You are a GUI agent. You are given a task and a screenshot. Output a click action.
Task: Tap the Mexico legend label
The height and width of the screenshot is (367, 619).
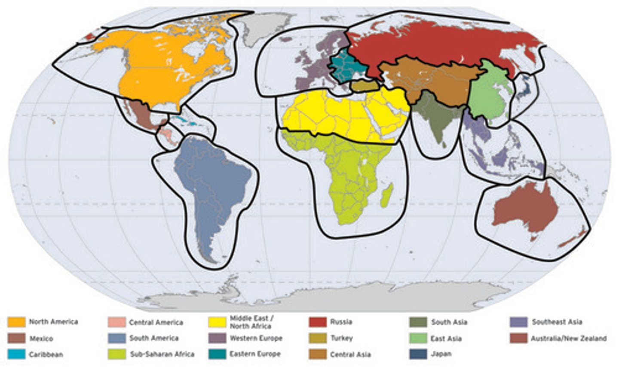pos(41,339)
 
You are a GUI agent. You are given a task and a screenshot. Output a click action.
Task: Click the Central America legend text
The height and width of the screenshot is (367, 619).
pos(156,322)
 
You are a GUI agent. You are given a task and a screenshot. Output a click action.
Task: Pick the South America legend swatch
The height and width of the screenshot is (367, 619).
pos(116,338)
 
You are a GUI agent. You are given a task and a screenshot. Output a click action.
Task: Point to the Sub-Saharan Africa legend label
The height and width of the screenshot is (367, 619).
pos(162,355)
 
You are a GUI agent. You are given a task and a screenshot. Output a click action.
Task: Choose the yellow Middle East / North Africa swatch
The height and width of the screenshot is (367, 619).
pos(217,322)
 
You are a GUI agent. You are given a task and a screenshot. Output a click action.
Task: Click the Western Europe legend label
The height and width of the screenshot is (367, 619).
pos(256,338)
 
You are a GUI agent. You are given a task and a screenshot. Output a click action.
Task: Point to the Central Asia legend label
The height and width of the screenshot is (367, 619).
pos(350,355)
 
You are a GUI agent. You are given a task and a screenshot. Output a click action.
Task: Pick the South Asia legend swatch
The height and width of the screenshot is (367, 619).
pos(418,322)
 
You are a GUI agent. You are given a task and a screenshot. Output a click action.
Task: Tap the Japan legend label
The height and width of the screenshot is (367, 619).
pos(441,355)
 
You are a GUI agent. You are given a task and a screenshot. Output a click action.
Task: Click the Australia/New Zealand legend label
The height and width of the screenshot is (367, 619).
pos(568,338)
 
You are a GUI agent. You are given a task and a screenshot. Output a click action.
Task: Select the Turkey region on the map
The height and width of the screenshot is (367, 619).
pos(363,86)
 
